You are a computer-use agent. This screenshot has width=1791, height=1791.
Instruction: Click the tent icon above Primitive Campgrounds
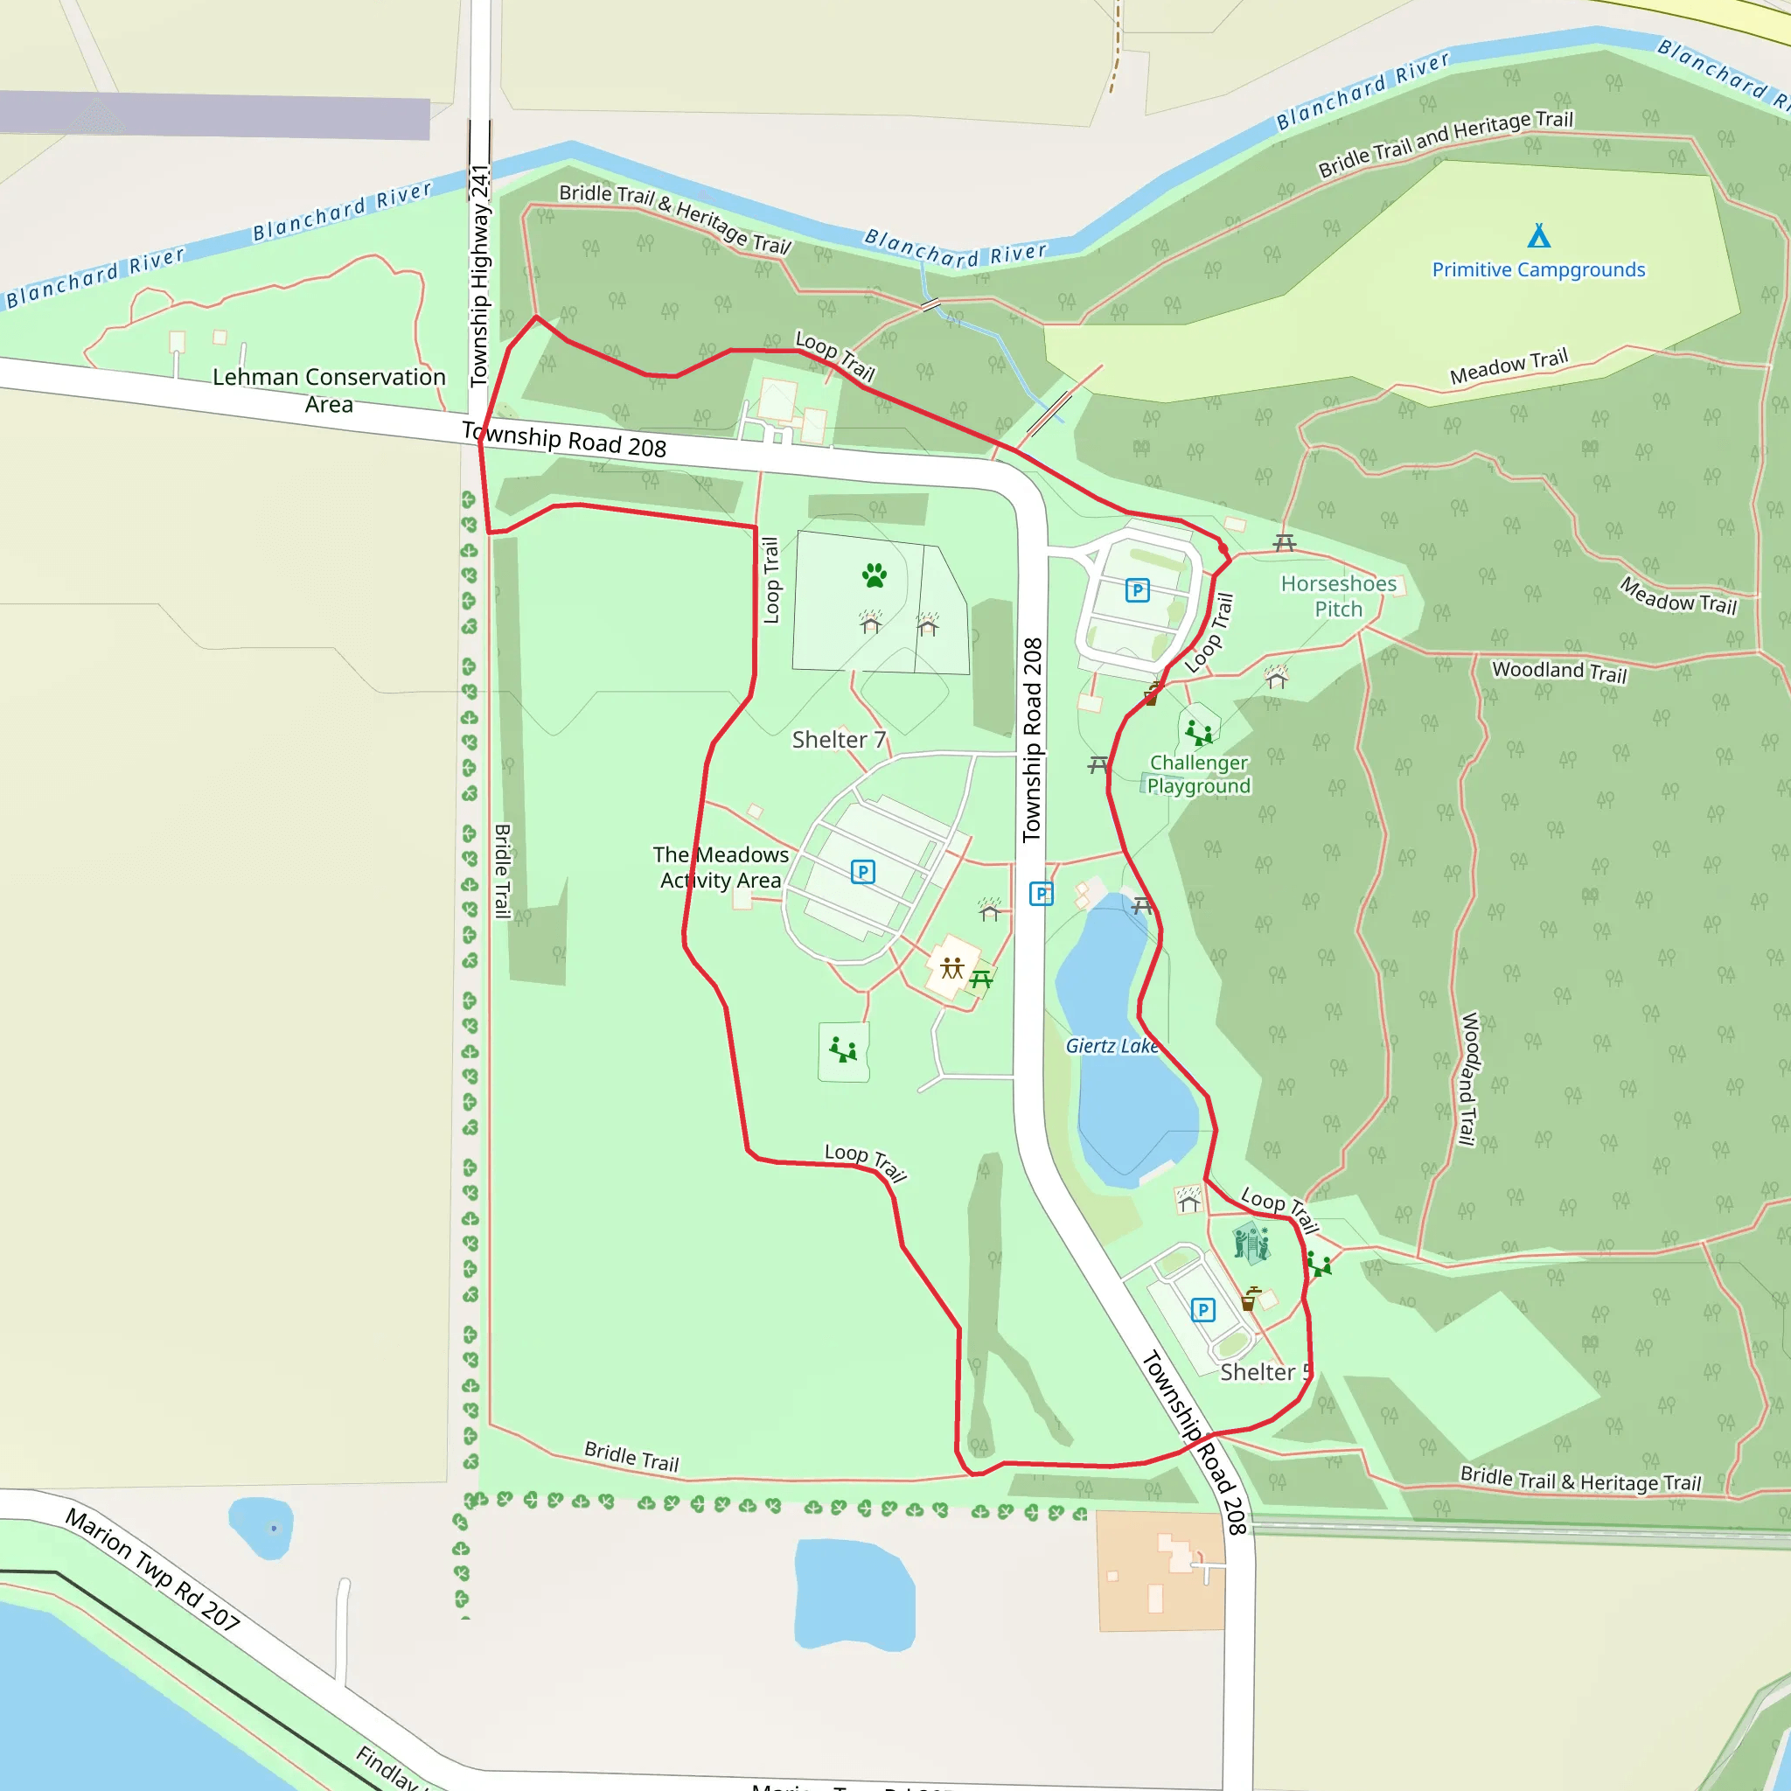(x=1539, y=235)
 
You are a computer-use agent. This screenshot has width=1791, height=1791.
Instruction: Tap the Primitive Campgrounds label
(x=1538, y=269)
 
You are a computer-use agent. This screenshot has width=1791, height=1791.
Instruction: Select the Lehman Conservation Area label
(x=329, y=390)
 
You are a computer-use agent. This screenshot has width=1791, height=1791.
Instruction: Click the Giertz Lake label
(x=1112, y=1046)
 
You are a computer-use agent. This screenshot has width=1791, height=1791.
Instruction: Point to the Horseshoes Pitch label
(x=1339, y=596)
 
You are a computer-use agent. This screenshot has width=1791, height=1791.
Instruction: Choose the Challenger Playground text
(x=1199, y=774)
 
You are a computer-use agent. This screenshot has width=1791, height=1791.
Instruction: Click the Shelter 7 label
(x=839, y=740)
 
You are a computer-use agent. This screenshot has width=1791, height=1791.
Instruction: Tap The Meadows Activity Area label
(x=721, y=868)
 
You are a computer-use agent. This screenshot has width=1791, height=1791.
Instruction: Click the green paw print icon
(x=875, y=575)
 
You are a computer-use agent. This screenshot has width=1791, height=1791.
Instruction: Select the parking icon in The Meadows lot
(x=863, y=871)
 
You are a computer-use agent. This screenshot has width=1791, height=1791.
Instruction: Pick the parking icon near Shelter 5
(x=1202, y=1310)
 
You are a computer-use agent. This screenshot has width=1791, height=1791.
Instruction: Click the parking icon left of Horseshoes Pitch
(x=1138, y=590)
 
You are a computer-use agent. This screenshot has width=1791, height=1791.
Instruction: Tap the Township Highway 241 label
(x=479, y=275)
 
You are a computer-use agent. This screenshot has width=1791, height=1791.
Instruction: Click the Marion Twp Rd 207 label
(x=153, y=1570)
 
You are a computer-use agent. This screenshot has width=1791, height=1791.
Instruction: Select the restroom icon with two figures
(x=952, y=969)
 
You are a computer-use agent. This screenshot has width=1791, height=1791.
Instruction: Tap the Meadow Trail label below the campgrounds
(x=1509, y=367)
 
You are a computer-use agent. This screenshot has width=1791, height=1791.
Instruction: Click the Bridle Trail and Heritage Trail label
(x=1446, y=143)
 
